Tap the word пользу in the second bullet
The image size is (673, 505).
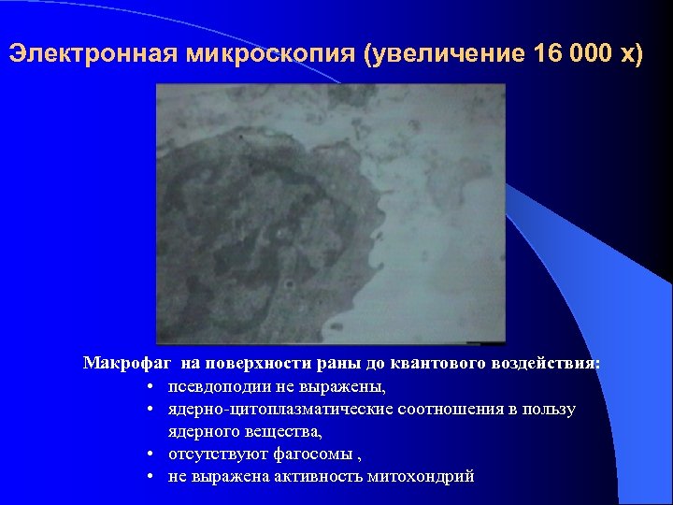pos(548,410)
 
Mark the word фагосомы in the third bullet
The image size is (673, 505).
pos(313,454)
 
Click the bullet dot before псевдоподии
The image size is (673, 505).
pos(150,386)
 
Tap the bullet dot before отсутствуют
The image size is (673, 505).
pos(150,454)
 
